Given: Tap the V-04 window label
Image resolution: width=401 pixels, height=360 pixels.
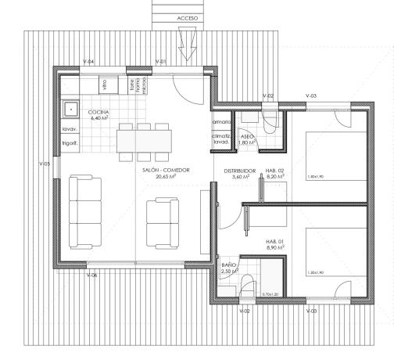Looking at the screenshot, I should pyautogui.click(x=89, y=61).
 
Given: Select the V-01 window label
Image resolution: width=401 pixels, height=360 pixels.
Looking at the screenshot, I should pyautogui.click(x=161, y=61).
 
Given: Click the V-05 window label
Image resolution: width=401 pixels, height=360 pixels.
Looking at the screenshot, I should pyautogui.click(x=45, y=164).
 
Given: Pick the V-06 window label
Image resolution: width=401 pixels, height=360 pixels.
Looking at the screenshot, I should pyautogui.click(x=92, y=275).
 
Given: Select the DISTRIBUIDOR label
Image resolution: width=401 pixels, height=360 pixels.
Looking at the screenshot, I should pyautogui.click(x=240, y=170).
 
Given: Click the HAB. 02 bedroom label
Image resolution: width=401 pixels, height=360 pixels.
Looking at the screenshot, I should pyautogui.click(x=274, y=170).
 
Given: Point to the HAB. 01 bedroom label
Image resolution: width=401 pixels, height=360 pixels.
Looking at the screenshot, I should pyautogui.click(x=274, y=240).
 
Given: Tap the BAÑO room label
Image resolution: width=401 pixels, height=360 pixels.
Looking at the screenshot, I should pyautogui.click(x=229, y=265).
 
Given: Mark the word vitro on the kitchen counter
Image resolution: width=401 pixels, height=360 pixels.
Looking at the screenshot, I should pyautogui.click(x=103, y=81).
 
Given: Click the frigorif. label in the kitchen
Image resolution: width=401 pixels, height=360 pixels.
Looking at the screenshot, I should pyautogui.click(x=69, y=142).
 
